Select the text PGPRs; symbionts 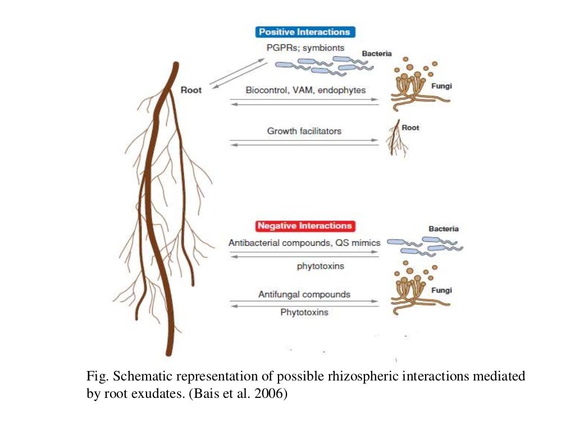click(305, 48)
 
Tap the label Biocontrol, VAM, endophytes click(305, 90)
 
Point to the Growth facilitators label click(304, 131)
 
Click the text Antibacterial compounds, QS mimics click(304, 243)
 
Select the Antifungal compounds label click(304, 294)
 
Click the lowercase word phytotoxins click(320, 267)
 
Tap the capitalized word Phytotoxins click(304, 312)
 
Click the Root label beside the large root click(191, 90)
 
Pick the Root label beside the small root click(410, 128)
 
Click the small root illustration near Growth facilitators click(397, 139)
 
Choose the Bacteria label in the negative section click(444, 229)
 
